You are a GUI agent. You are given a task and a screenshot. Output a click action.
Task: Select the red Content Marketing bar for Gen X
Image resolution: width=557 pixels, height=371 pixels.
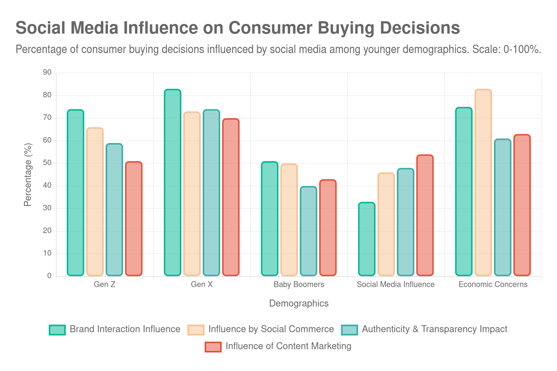231,197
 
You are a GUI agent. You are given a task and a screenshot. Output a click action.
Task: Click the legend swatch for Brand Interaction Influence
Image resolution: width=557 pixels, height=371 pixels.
57,330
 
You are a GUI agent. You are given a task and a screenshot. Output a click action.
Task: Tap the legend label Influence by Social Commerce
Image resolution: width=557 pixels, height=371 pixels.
271,329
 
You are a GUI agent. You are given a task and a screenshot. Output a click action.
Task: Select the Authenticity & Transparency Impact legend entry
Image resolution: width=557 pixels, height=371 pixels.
434,329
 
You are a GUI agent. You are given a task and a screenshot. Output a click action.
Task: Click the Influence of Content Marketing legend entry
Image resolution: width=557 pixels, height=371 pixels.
288,346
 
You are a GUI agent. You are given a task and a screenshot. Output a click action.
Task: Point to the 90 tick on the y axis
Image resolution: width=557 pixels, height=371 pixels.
47,72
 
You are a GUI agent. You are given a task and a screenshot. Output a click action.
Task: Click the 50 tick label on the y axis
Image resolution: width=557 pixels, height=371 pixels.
47,163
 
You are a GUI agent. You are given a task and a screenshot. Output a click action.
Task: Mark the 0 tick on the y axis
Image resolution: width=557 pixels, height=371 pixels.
49,276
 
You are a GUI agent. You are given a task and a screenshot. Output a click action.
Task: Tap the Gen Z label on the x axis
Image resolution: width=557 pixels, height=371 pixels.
104,284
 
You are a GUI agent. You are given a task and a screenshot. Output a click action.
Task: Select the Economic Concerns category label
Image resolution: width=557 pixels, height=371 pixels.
493,284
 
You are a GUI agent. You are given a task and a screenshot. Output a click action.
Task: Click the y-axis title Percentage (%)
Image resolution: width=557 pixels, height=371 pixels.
28,175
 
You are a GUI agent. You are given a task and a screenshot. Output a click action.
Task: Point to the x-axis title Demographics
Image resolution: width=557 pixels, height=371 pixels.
299,303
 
